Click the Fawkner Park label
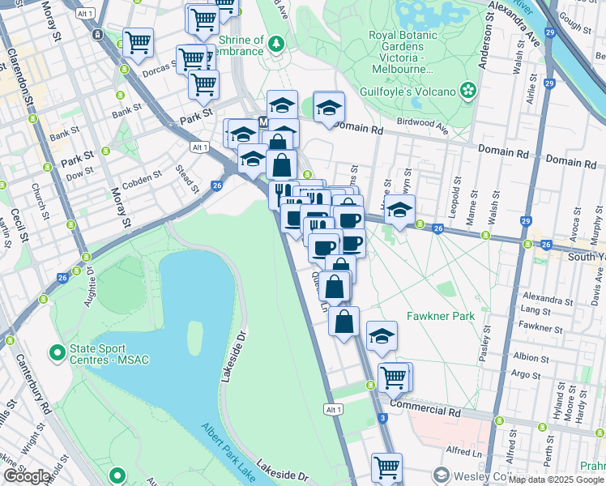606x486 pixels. pyautogui.click(x=440, y=316)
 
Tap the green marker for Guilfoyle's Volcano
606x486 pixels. pyautogui.click(x=469, y=91)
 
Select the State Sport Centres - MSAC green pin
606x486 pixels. pyautogui.click(x=57, y=353)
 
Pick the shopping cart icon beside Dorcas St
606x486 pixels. pyautogui.click(x=192, y=58)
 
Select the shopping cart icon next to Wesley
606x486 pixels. pyautogui.click(x=386, y=467)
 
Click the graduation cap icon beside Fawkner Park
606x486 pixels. pyautogui.click(x=382, y=335)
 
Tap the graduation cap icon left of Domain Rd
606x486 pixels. pyautogui.click(x=328, y=107)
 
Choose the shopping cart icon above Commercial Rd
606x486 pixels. pyautogui.click(x=394, y=376)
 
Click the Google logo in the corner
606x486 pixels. pyautogui.click(x=27, y=476)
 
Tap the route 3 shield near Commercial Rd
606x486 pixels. pyautogui.click(x=381, y=417)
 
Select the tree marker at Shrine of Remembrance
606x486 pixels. pyautogui.click(x=276, y=41)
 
